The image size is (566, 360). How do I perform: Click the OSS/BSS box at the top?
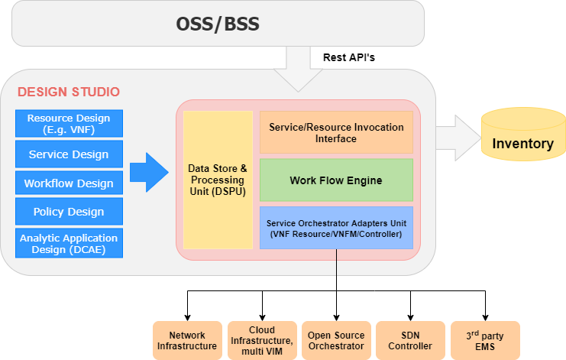[x=218, y=24]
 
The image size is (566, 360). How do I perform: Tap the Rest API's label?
[x=349, y=57]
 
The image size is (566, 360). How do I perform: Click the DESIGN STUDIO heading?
[x=69, y=92]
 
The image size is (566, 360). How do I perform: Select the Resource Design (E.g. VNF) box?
[x=69, y=124]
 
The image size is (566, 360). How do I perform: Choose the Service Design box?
[x=69, y=154]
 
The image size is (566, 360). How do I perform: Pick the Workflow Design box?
[x=69, y=183]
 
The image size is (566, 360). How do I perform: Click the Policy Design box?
[x=69, y=211]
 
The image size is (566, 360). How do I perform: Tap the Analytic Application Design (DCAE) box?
[x=69, y=243]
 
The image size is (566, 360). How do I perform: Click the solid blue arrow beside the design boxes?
[x=149, y=172]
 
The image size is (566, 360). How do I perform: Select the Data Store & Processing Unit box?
[x=218, y=180]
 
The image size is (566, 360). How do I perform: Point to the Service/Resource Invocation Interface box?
[x=336, y=132]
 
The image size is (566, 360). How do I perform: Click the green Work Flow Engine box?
[x=336, y=180]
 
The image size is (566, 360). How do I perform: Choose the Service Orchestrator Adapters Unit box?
[x=336, y=228]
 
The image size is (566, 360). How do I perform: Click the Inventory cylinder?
[x=523, y=134]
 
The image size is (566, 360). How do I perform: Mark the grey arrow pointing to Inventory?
[x=458, y=138]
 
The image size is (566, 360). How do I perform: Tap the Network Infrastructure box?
[x=187, y=340]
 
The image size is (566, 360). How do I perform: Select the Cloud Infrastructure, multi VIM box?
[x=262, y=340]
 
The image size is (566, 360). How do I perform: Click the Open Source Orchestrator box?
[x=336, y=340]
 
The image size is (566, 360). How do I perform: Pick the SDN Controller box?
[x=410, y=340]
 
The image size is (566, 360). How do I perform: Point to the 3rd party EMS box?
[x=485, y=340]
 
